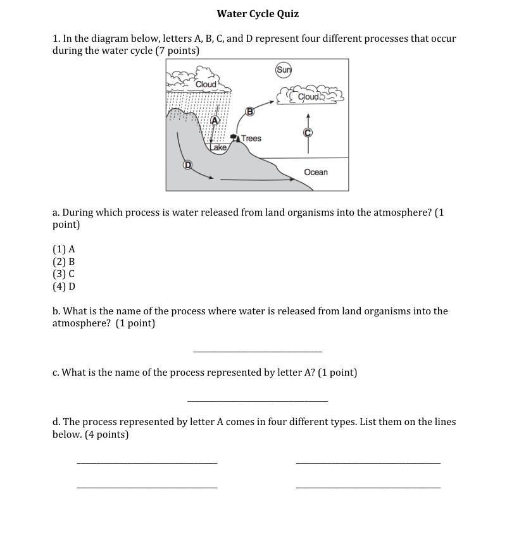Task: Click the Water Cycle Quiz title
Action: [258, 14]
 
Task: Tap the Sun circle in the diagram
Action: [284, 70]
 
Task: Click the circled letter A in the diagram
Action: [215, 120]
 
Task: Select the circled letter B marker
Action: [249, 111]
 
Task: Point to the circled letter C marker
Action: [308, 133]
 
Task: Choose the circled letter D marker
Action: [187, 165]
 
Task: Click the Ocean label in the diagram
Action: [316, 172]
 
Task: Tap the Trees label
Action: [251, 139]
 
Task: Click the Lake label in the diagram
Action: [218, 147]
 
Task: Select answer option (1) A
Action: [64, 249]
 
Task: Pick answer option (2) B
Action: [64, 261]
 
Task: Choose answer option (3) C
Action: [64, 274]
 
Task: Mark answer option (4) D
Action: [64, 286]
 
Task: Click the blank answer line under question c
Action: [258, 399]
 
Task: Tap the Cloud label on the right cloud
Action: [308, 97]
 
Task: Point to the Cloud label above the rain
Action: [206, 84]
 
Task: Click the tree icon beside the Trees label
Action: [235, 137]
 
